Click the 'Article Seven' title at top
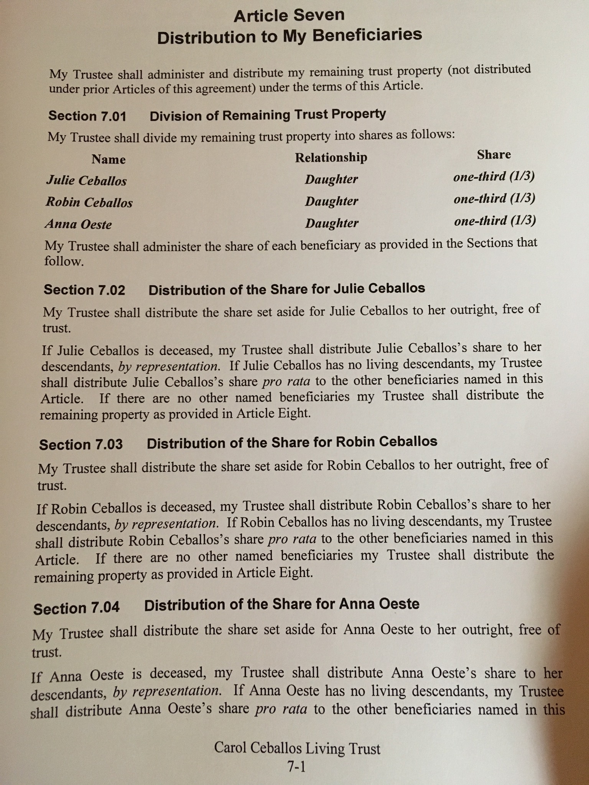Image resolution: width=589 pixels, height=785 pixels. click(x=289, y=16)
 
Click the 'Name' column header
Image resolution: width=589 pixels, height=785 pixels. click(x=109, y=159)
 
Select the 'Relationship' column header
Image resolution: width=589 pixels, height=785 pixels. click(x=331, y=157)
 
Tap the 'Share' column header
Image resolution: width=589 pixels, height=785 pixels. click(x=494, y=154)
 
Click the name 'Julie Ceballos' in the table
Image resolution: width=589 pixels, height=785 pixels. click(x=87, y=181)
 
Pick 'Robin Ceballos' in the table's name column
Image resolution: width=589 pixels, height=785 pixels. click(x=89, y=202)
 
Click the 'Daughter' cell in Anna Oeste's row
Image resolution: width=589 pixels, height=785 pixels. click(x=332, y=223)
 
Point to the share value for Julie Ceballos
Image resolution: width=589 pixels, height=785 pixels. click(x=494, y=177)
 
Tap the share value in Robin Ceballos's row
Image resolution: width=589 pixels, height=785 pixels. click(x=494, y=199)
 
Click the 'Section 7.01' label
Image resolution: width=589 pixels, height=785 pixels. click(x=87, y=116)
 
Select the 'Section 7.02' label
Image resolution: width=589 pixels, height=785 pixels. click(x=84, y=290)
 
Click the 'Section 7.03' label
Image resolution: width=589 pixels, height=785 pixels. click(x=81, y=445)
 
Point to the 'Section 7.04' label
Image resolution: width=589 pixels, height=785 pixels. click(x=76, y=608)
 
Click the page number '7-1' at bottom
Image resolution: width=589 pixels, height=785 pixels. click(x=296, y=766)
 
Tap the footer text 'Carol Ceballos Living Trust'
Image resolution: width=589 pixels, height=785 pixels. click(x=297, y=748)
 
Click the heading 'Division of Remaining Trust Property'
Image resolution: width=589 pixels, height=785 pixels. click(x=268, y=115)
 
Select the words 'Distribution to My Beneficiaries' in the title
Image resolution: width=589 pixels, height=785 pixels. click(x=290, y=37)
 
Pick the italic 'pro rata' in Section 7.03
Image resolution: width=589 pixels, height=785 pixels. click(x=292, y=539)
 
